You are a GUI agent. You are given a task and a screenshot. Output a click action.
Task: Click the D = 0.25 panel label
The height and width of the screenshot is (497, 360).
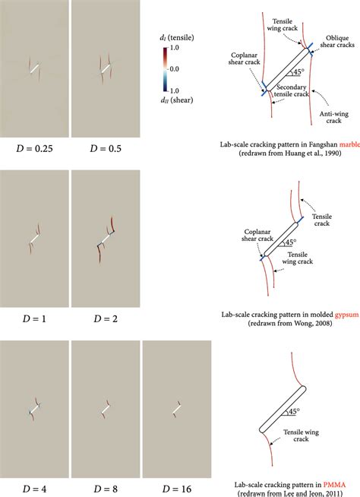(x=34, y=145)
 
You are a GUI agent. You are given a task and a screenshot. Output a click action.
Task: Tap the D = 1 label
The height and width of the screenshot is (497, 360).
(x=34, y=318)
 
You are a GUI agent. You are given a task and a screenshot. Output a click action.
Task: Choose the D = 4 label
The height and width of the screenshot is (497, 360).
(x=34, y=488)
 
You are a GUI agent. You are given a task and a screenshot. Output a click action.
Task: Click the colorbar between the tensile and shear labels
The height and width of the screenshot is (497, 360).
(x=164, y=68)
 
